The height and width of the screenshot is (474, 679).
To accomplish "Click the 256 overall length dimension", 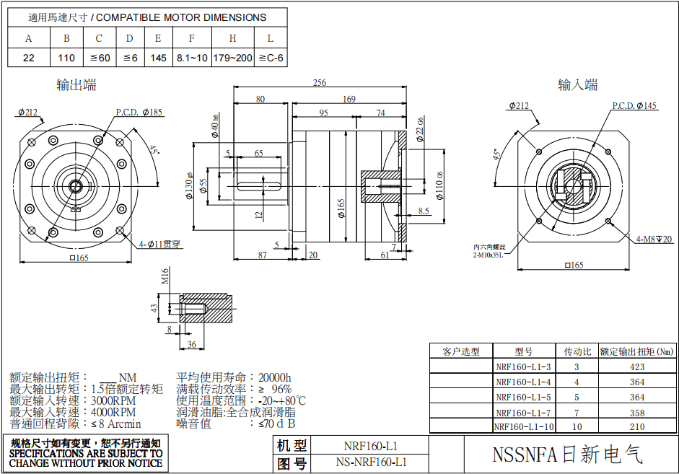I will (319, 83).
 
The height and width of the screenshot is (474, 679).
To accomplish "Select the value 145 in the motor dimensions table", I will (157, 58).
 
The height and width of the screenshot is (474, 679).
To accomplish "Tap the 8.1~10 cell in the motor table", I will (191, 58).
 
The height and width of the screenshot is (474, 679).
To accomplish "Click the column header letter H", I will (232, 38).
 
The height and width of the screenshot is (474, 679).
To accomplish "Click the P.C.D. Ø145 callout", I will (635, 106).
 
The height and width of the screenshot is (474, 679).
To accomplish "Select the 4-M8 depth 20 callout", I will (654, 239).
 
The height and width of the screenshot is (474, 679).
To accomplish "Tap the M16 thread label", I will (165, 276).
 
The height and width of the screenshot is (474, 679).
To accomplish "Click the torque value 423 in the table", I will (636, 367).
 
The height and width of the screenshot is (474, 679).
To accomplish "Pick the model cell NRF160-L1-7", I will (523, 412).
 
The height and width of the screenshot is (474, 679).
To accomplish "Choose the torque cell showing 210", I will (636, 426).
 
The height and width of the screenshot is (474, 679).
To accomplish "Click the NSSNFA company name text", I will (567, 455).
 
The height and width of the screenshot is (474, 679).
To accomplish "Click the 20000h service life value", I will (274, 377).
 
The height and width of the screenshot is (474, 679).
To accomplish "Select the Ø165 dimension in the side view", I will (341, 209).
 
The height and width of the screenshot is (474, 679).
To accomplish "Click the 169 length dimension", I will (349, 99).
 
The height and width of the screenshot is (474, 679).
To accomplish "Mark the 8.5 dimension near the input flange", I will (424, 211).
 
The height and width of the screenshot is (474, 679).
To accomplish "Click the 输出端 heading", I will (76, 85).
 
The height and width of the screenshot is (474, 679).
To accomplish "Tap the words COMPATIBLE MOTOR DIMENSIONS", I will (181, 17).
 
